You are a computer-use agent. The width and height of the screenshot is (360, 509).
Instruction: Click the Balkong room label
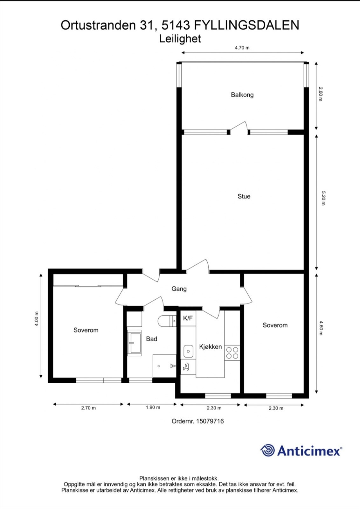[x=242, y=94]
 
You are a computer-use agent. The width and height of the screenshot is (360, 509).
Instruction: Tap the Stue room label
[x=244, y=196]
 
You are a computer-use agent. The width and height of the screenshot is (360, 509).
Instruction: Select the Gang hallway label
[x=179, y=289]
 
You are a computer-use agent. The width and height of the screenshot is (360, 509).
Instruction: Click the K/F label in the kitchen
[x=188, y=318]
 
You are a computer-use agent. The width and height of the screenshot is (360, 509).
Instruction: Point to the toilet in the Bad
[x=166, y=321]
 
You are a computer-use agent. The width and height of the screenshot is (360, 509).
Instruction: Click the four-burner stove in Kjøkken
[x=232, y=353]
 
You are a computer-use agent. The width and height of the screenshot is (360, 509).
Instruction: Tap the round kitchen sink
[x=188, y=352]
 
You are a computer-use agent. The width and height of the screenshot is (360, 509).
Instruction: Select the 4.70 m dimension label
[x=242, y=48]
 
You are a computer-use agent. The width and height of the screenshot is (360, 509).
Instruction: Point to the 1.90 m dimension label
[x=153, y=407]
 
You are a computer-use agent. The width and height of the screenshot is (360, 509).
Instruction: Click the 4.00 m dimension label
[x=37, y=318]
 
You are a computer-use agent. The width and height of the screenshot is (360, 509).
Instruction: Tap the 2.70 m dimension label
[x=88, y=408]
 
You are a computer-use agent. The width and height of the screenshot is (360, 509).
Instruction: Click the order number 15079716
[x=210, y=421]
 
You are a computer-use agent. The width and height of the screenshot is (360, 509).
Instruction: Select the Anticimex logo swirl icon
[x=267, y=450]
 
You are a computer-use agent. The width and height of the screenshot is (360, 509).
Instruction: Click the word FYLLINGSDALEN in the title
[x=246, y=25]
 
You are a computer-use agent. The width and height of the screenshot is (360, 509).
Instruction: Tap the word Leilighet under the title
[x=180, y=38]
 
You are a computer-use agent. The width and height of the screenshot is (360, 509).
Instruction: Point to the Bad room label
[x=151, y=339]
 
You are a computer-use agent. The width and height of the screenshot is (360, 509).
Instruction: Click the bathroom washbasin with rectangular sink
[x=134, y=343]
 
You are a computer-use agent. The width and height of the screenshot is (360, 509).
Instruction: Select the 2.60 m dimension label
[x=320, y=94]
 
